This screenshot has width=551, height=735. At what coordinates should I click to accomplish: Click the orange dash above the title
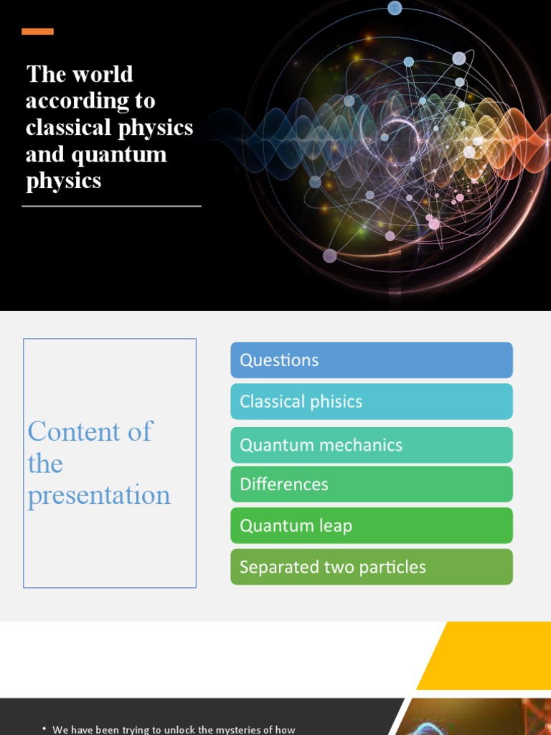37,32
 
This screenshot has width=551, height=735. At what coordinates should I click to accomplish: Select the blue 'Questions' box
371,360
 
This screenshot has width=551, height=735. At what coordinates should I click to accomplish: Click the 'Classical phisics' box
371,401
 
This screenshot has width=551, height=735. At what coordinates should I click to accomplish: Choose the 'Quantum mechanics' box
371,445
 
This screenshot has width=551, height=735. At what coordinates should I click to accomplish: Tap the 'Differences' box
371,484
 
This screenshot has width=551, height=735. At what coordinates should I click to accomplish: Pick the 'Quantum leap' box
371,525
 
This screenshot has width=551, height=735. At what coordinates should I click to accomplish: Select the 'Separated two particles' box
371,567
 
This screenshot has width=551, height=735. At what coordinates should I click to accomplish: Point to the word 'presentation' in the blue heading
99,495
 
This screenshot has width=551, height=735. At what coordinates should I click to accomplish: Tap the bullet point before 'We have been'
44,729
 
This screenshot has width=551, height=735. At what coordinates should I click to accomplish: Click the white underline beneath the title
111,206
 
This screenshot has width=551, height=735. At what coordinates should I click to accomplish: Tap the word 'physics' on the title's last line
63,181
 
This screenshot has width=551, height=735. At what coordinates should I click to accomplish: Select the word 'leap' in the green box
334,526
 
